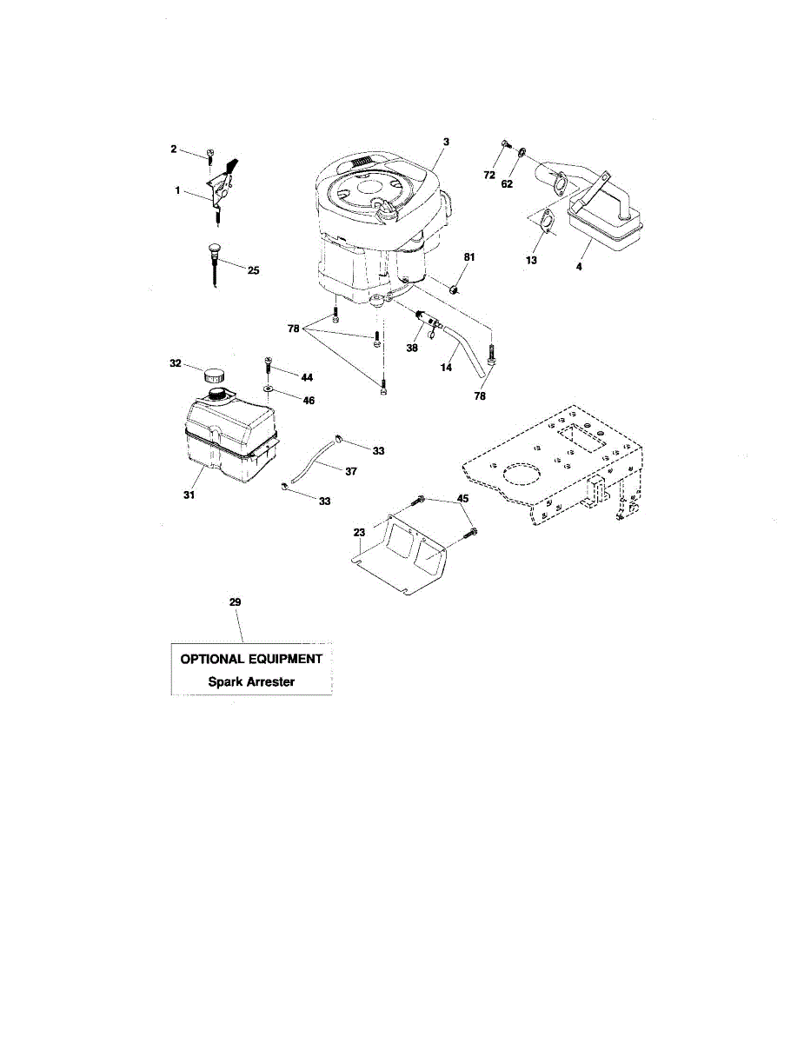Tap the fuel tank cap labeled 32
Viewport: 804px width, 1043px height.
point(212,376)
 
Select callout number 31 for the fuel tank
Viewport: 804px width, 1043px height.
point(189,495)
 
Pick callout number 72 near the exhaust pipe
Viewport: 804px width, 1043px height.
point(489,175)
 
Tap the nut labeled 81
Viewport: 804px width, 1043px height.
point(453,287)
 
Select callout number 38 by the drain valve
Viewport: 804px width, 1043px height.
point(412,347)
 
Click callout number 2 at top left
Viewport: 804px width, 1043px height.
point(173,149)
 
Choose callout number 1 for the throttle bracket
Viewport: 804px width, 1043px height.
point(177,189)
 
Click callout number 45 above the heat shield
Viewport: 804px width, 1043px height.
point(463,498)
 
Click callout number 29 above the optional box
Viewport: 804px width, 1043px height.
point(234,601)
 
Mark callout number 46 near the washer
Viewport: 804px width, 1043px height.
point(308,401)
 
